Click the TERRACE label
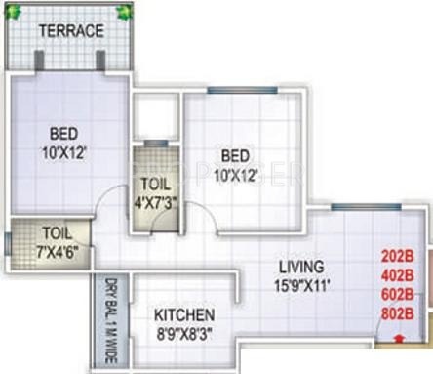[70, 31]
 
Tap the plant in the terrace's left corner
[14, 12]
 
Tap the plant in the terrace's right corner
[123, 12]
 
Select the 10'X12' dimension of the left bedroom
[65, 151]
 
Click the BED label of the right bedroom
[235, 156]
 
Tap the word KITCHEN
[184, 315]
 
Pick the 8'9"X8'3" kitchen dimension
[184, 333]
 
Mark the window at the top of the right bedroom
[234, 92]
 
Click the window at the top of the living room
[364, 207]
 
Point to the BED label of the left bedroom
[65, 134]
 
